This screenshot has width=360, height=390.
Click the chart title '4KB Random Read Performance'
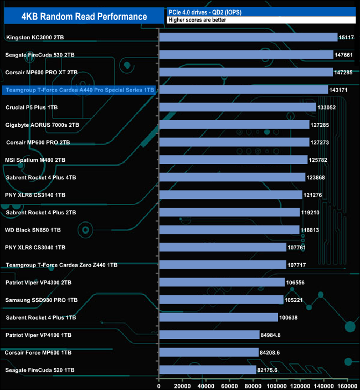point(84,16)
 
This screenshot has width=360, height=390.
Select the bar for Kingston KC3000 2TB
point(248,37)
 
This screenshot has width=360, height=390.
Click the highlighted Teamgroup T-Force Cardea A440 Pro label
point(79,90)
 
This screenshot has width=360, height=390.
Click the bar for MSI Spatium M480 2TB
point(233,160)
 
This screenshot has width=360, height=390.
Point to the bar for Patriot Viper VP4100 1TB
point(209,335)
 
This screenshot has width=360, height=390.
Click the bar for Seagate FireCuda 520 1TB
point(208,370)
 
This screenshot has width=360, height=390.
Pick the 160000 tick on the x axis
point(346,386)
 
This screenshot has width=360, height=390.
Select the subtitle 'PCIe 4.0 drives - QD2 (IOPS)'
point(204,12)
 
